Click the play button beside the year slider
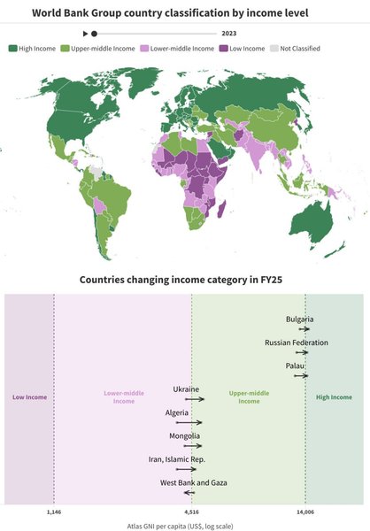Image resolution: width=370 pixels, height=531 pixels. coord(85,33)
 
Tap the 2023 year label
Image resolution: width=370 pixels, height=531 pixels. coord(229,33)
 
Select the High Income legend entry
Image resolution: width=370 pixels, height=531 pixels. coord(32,48)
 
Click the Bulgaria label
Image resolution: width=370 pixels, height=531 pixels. coord(300,319)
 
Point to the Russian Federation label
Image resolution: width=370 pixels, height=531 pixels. coord(297,342)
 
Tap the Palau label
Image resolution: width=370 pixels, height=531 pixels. coord(296,366)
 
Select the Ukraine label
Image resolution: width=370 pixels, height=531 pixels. coord(186,389)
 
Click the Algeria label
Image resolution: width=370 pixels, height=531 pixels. coord(176,413)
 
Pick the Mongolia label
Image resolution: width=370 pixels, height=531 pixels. coord(185,436)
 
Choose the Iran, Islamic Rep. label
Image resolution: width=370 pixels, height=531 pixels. coord(177,459)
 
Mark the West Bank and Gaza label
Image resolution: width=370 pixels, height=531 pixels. coord(194,482)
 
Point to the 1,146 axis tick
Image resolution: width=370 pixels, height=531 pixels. coord(53,512)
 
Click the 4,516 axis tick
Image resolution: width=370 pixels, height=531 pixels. coord(191,512)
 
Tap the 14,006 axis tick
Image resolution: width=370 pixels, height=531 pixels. coord(305,512)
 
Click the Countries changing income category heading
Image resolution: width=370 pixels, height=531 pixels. coord(185,279)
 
